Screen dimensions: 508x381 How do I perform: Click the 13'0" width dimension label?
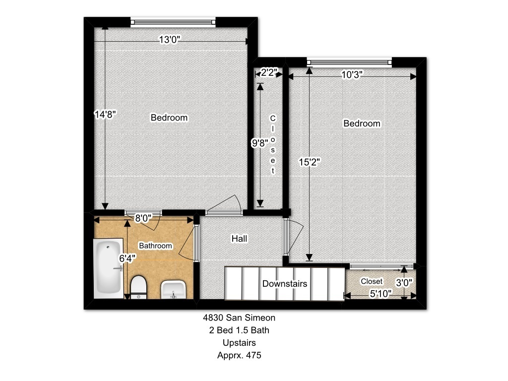tap(170, 40)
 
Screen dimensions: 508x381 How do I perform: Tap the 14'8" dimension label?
tap(105, 115)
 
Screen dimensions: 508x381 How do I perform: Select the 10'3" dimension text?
tap(352, 75)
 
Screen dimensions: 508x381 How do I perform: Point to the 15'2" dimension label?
tap(310, 162)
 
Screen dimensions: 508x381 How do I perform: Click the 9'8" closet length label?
tap(260, 143)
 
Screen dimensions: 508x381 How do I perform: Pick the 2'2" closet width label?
tap(269, 72)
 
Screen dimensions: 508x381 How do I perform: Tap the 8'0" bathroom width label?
tap(143, 218)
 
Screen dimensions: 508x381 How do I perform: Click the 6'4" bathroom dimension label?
tap(127, 258)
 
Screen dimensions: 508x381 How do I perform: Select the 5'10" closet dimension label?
tap(381, 294)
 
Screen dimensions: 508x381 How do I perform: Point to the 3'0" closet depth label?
tap(404, 283)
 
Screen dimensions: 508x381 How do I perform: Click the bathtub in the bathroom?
tap(109, 268)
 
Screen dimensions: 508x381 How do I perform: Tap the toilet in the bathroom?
tap(139, 287)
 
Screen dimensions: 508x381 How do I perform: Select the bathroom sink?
tap(173, 290)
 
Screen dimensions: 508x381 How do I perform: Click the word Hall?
tap(240, 239)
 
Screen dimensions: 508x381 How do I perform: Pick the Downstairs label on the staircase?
tap(285, 284)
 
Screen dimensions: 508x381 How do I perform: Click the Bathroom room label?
tap(155, 246)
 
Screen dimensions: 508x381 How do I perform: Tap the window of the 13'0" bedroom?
tap(173, 22)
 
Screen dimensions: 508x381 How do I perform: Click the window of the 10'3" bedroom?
tap(349, 62)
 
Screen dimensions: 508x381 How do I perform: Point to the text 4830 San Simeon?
tap(239, 317)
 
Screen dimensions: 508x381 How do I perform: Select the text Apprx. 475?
tap(239, 355)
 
